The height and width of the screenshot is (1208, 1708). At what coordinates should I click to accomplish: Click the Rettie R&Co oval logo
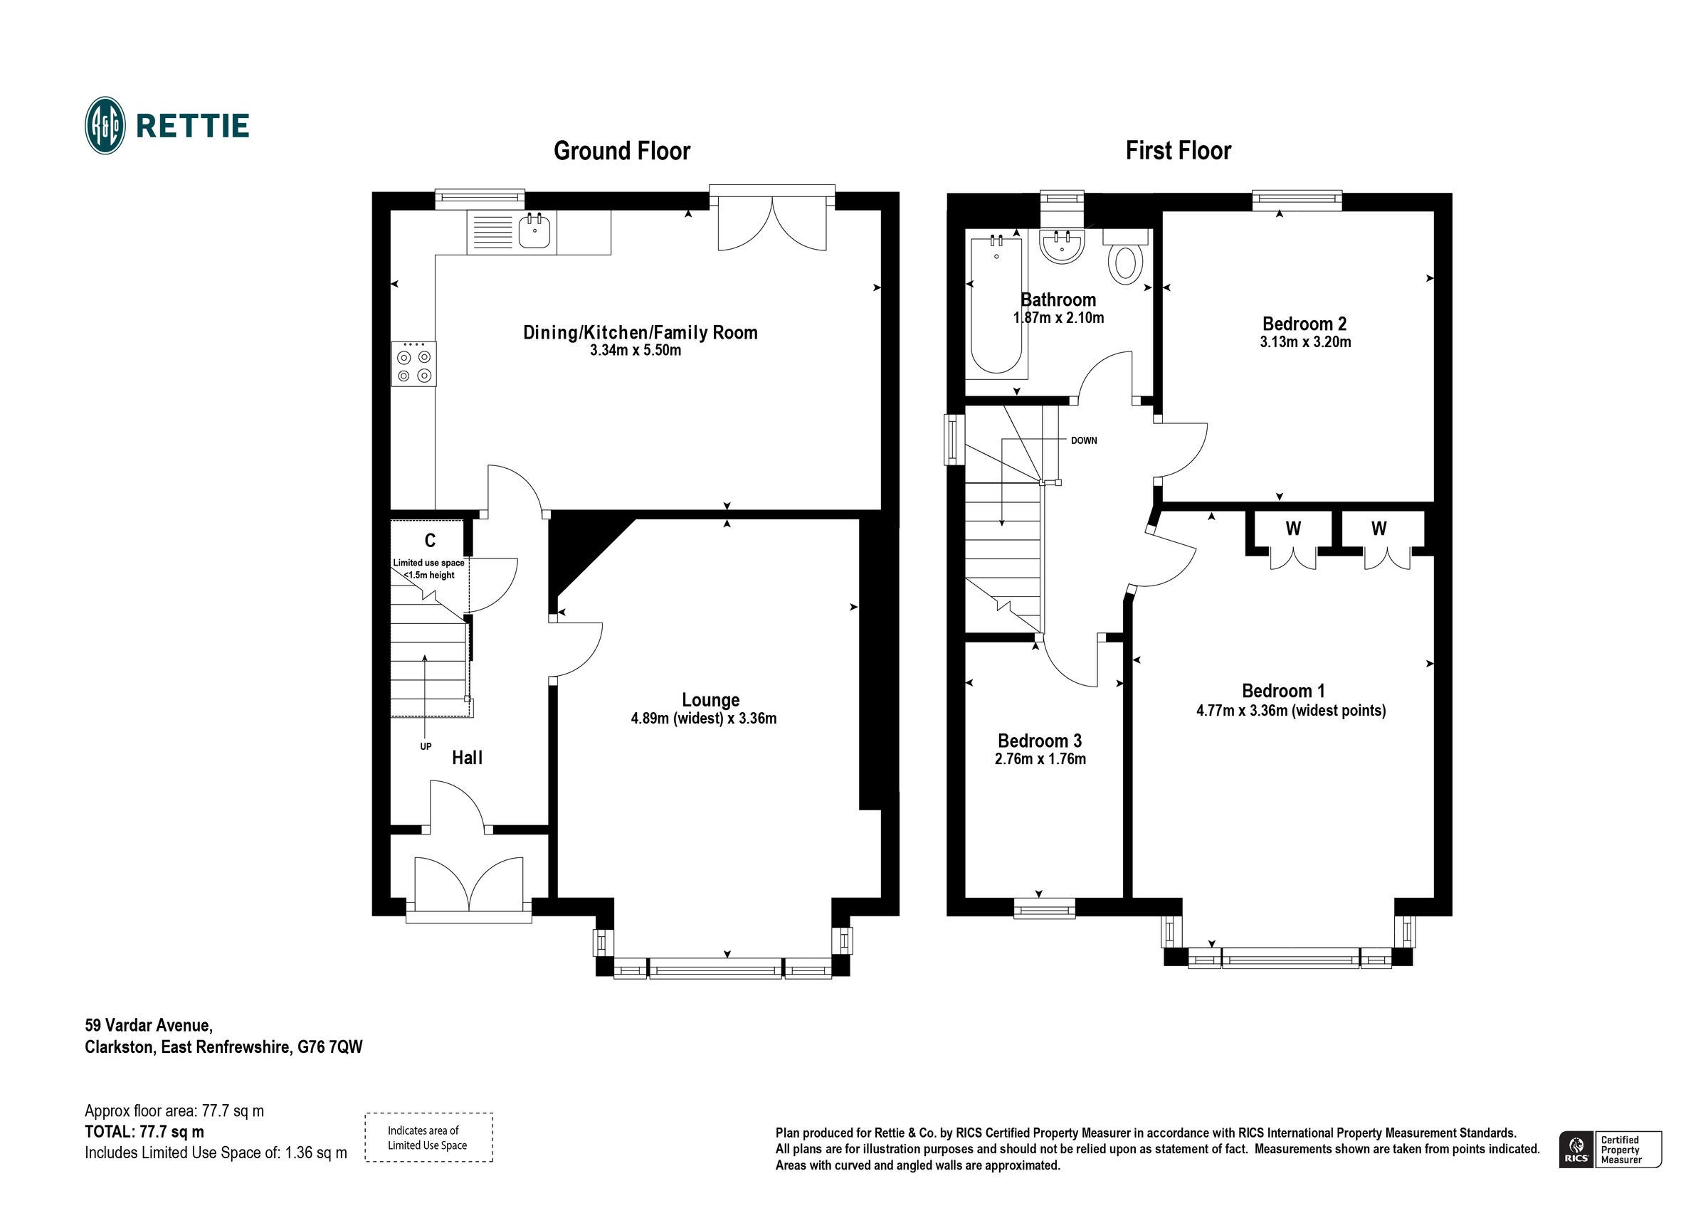point(105,126)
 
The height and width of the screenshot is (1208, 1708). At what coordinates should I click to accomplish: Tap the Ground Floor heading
point(622,151)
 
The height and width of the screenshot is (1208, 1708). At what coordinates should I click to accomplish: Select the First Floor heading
point(1178,151)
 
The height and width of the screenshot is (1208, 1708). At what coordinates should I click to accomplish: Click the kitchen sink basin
point(534,231)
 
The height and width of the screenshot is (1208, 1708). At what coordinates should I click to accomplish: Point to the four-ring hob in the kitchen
point(413,364)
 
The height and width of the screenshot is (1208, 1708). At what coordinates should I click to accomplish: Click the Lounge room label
point(710,700)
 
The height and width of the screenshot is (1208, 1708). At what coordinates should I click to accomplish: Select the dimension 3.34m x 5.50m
point(636,350)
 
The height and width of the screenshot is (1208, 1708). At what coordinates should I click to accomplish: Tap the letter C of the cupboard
point(429,541)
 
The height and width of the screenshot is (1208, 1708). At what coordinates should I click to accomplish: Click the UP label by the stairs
point(426,746)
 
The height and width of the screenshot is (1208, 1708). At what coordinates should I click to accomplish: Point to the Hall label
point(467,758)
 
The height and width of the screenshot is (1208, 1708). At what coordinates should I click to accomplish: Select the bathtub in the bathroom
point(996,305)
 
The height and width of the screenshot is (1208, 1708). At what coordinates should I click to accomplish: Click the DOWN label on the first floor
point(1084,440)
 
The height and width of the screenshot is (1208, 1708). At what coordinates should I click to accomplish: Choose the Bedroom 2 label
point(1304,324)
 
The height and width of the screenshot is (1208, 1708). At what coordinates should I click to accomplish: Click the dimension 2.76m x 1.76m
point(1040,760)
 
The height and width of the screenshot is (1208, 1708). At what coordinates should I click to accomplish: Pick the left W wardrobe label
point(1293,529)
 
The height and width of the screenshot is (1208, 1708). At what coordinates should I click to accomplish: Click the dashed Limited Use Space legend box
point(428,1138)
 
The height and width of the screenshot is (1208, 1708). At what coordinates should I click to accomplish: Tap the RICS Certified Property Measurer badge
point(1611,1150)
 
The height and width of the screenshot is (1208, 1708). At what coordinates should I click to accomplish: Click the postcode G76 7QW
point(330,1047)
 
